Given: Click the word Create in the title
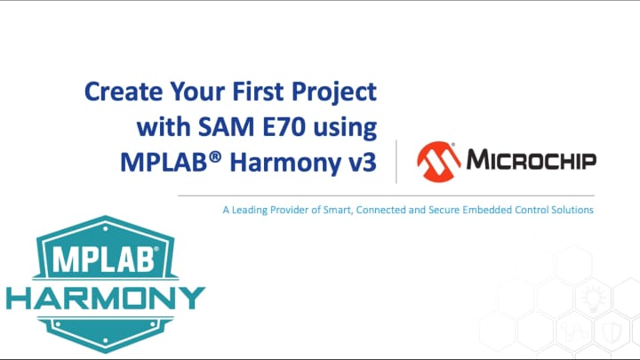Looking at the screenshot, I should point(117,92).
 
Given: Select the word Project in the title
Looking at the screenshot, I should point(340,92).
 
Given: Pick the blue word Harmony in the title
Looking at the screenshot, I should point(292,163).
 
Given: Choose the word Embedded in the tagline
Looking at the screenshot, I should point(497,211).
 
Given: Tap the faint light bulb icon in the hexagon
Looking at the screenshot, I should point(594,295).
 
